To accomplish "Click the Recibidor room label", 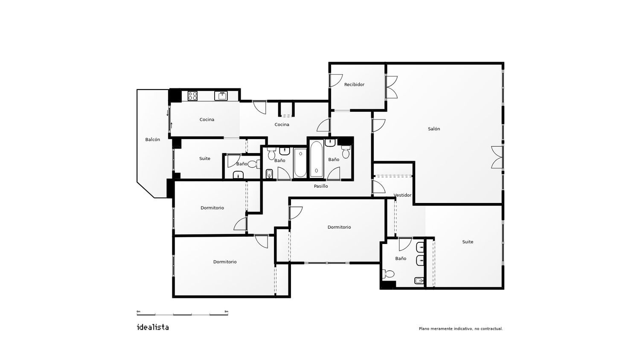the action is (354, 84).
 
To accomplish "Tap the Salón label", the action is (434, 129).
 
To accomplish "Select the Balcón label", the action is (153, 139).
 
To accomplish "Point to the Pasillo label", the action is (321, 186).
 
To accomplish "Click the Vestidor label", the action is (403, 195).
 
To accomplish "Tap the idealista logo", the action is (153, 327).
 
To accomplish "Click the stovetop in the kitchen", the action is (192, 96).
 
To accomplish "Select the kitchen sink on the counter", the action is (221, 96).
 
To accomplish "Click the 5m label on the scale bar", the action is (226, 311).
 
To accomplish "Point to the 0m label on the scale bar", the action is (139, 311).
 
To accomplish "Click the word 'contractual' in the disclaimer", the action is (492, 329).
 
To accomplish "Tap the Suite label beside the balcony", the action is (204, 159).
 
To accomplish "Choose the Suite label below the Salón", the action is (468, 242).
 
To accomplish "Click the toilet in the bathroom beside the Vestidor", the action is (388, 274).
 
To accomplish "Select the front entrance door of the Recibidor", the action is (336, 81).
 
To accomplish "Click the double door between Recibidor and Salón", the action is (391, 87).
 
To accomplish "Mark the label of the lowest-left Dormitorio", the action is (225, 262).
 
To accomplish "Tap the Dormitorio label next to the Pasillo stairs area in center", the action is (339, 227).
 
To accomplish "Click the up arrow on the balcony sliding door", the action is (172, 125).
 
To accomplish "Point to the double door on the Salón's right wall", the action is (497, 157).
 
